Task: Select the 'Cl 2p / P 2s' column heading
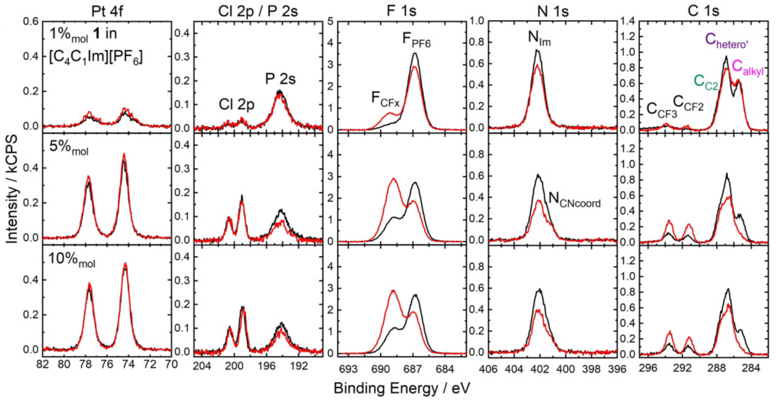point(258,12)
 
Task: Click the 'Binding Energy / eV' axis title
point(402,388)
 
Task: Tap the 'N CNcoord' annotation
point(574,200)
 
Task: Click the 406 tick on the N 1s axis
point(488,369)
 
